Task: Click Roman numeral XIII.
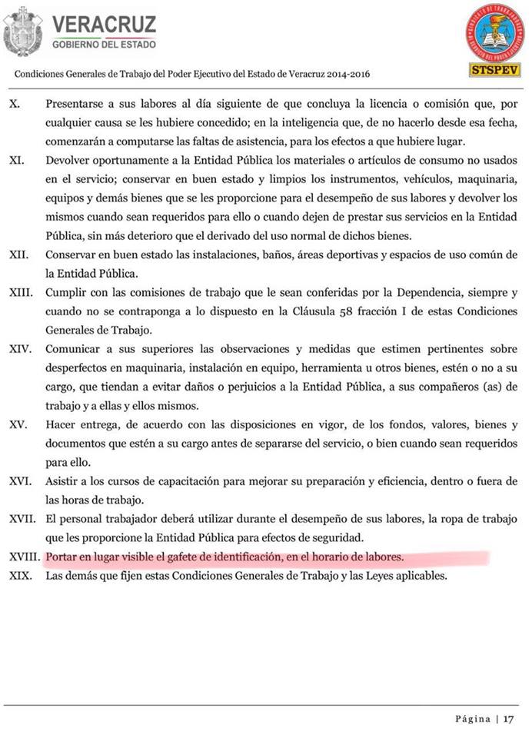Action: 20,292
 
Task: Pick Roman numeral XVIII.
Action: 24,556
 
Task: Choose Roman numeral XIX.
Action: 20,575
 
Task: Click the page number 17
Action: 509,719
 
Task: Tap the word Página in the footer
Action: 472,719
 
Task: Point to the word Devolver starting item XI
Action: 70,160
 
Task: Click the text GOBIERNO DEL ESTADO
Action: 104,44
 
